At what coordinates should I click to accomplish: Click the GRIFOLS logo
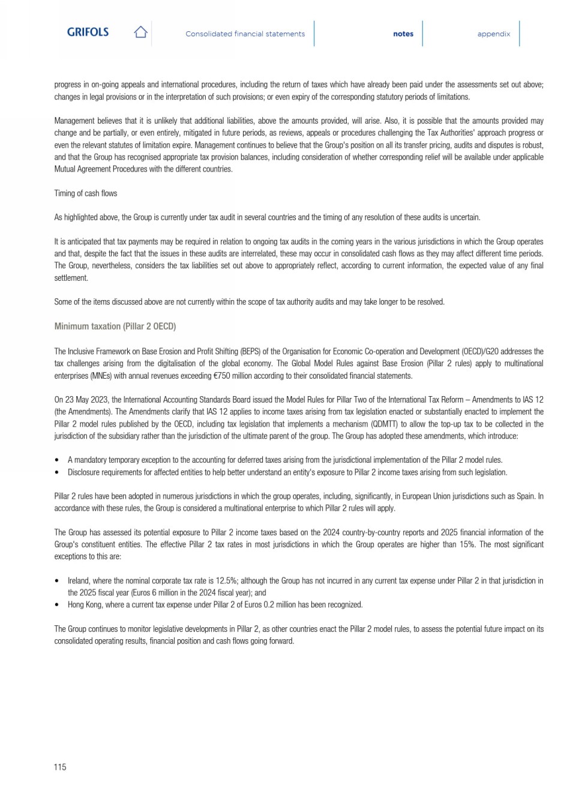point(88,32)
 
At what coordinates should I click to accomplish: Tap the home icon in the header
point(140,32)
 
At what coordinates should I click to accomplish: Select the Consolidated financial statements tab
point(245,34)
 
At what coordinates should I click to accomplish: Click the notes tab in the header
point(403,34)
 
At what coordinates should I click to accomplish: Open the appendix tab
point(494,34)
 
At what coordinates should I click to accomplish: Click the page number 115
point(60,767)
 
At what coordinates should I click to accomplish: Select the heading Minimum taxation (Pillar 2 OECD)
point(115,326)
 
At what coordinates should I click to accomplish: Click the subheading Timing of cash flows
point(86,193)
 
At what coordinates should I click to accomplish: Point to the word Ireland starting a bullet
point(78,580)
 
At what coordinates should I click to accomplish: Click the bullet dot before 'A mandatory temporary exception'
point(57,460)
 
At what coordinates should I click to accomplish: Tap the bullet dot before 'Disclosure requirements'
point(57,472)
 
